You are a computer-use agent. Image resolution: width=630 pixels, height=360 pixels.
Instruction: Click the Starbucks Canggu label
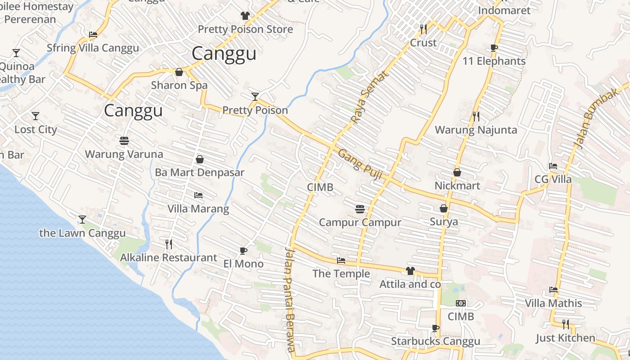(x=435, y=342)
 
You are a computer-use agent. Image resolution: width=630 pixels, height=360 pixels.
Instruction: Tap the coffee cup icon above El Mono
(x=243, y=251)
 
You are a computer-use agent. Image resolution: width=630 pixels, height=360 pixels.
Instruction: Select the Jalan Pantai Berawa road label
(x=290, y=300)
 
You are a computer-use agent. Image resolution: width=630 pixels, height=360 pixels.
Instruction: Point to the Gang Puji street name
(x=360, y=164)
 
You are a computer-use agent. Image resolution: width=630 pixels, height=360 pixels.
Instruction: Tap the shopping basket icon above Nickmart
(x=457, y=172)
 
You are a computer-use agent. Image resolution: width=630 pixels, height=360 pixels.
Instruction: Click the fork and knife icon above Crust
(x=423, y=29)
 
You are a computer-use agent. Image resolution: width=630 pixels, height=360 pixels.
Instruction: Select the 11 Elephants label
(x=494, y=61)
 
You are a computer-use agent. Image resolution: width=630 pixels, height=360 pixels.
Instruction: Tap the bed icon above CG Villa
(x=553, y=166)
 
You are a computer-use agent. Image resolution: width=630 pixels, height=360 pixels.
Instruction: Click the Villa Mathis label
(x=553, y=303)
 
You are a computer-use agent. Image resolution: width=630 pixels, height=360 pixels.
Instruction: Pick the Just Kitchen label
(x=565, y=338)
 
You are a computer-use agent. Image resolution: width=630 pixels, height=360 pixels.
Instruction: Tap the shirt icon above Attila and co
(x=410, y=271)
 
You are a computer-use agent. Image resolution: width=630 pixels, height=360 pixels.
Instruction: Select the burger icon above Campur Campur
(x=360, y=209)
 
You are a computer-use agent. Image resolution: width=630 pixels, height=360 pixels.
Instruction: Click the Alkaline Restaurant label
(x=168, y=258)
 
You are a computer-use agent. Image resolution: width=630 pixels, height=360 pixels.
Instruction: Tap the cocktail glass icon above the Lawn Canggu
(x=82, y=220)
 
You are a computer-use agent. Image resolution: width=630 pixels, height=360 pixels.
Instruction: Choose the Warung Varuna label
(x=124, y=154)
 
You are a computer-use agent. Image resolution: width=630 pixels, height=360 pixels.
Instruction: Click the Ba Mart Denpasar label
(x=199, y=173)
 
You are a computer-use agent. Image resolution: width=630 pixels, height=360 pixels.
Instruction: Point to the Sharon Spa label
(x=179, y=85)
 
